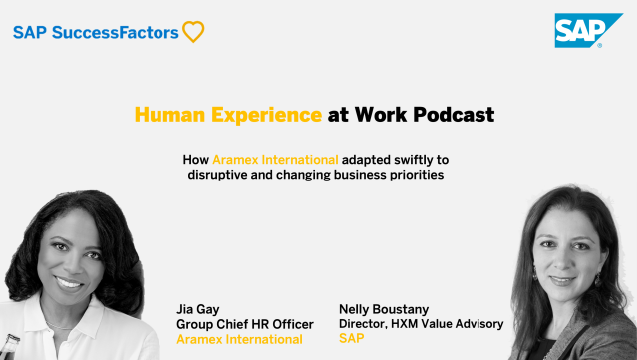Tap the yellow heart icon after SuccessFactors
(x=193, y=32)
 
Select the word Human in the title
(x=161, y=115)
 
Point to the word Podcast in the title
(x=449, y=115)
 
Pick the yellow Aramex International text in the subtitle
(x=276, y=159)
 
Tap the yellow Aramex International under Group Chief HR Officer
(x=239, y=339)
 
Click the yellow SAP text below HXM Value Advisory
(x=351, y=339)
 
